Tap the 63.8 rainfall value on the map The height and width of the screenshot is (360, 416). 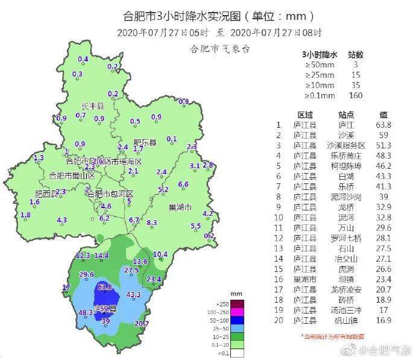tap(105, 286)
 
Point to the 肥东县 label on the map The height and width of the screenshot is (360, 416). tap(144, 142)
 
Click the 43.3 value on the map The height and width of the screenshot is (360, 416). tap(133, 294)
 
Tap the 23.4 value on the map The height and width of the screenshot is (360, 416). tap(154, 279)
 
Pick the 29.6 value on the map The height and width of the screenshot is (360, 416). tap(86, 275)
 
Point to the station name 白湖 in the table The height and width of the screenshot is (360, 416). tap(346, 175)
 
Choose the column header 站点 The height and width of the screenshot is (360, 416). tap(346, 114)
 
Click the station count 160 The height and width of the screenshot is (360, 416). tap(356, 95)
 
